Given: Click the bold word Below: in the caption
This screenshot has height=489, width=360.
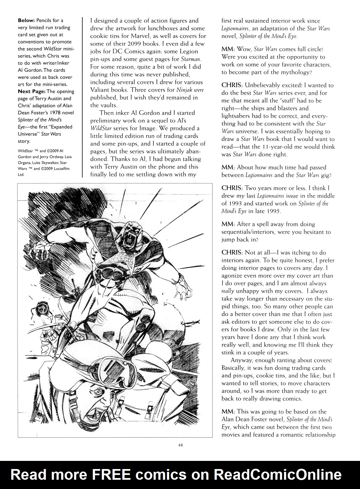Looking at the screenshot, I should [26, 21].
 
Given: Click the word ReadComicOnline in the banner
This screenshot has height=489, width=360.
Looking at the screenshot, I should [278, 475].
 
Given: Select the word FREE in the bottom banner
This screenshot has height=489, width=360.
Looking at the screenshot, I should [111, 475].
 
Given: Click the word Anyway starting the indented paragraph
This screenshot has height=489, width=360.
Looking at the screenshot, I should [240, 360].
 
